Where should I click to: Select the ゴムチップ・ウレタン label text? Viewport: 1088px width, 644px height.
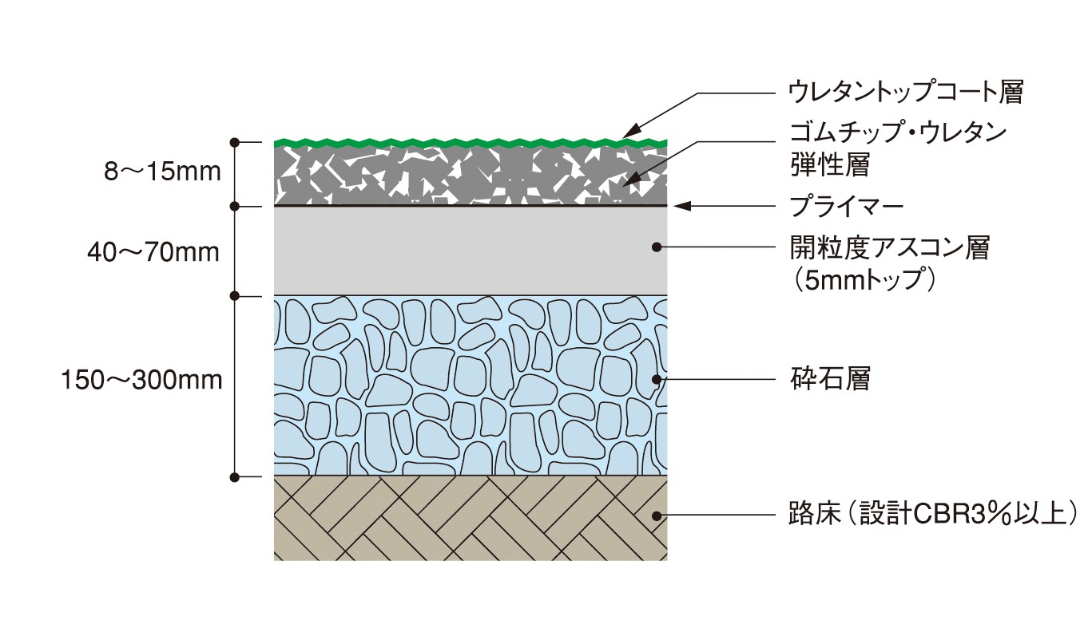[896, 132]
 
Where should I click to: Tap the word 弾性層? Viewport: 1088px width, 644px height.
[828, 164]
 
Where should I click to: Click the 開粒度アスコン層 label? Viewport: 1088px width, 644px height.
[888, 248]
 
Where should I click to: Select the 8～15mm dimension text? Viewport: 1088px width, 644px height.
[163, 172]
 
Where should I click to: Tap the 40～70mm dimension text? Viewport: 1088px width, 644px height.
[153, 253]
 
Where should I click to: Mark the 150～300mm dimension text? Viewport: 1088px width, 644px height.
[142, 380]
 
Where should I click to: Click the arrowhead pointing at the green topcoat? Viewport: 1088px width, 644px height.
[630, 132]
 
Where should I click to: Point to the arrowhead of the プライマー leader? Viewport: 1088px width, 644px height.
[681, 207]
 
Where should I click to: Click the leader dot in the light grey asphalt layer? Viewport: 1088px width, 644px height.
[657, 247]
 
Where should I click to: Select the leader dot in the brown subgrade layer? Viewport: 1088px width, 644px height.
[657, 514]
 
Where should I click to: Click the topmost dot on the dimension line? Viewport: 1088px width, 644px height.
[234, 143]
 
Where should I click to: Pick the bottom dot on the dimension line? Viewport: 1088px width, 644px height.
[234, 477]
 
